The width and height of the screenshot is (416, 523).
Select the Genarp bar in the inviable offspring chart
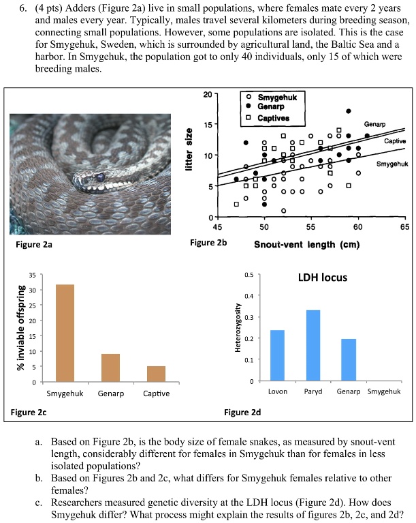point(110,368)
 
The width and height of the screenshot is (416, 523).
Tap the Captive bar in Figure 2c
point(156,374)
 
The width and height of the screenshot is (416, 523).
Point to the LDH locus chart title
point(323,278)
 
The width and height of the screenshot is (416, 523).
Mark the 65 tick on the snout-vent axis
point(404,226)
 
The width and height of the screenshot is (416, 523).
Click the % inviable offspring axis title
point(22,329)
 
